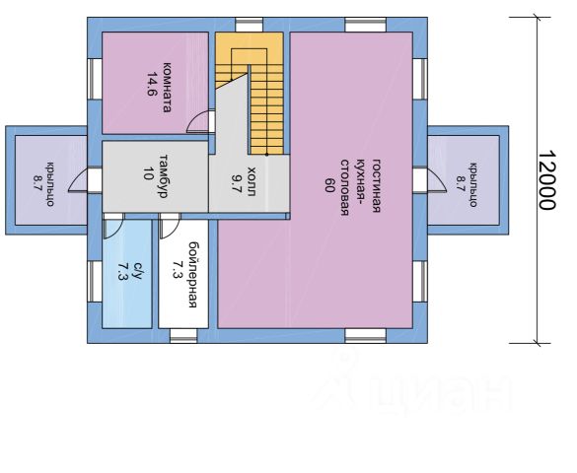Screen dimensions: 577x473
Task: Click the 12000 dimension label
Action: pyautogui.click(x=547, y=179)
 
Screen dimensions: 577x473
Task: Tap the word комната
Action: pyautogui.click(x=167, y=88)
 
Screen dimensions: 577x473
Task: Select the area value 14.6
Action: pyautogui.click(x=152, y=84)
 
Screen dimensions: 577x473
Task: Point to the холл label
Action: pyautogui.click(x=252, y=181)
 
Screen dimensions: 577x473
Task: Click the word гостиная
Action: pyautogui.click(x=376, y=185)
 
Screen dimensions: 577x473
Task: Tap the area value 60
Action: pyautogui.click(x=329, y=185)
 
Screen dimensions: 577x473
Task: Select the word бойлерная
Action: pyautogui.click(x=192, y=274)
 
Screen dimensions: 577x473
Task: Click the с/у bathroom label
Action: pyautogui.click(x=137, y=271)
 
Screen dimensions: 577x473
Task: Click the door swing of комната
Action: pyautogui.click(x=198, y=121)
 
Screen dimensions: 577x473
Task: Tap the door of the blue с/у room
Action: pyautogui.click(x=113, y=226)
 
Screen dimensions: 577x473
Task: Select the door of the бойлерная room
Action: pyautogui.click(x=170, y=226)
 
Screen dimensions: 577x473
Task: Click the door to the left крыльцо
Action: pyautogui.click(x=78, y=179)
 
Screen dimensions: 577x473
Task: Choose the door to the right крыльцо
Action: pyautogui.click(x=436, y=179)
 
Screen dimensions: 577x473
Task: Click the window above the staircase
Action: pyautogui.click(x=250, y=25)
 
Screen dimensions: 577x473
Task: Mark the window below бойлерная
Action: pyautogui.click(x=183, y=336)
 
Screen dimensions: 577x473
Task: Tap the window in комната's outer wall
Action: pyautogui.click(x=95, y=79)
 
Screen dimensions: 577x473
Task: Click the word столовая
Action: pyautogui.click(x=344, y=187)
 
